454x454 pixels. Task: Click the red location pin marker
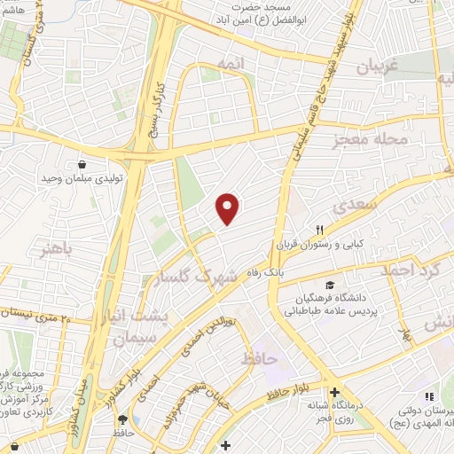229,207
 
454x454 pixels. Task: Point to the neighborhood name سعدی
356,207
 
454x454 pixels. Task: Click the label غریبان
380,66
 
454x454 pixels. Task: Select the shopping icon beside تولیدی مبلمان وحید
82,164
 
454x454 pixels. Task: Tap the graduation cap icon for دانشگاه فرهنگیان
330,286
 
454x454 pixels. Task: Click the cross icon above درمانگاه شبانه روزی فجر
334,393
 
